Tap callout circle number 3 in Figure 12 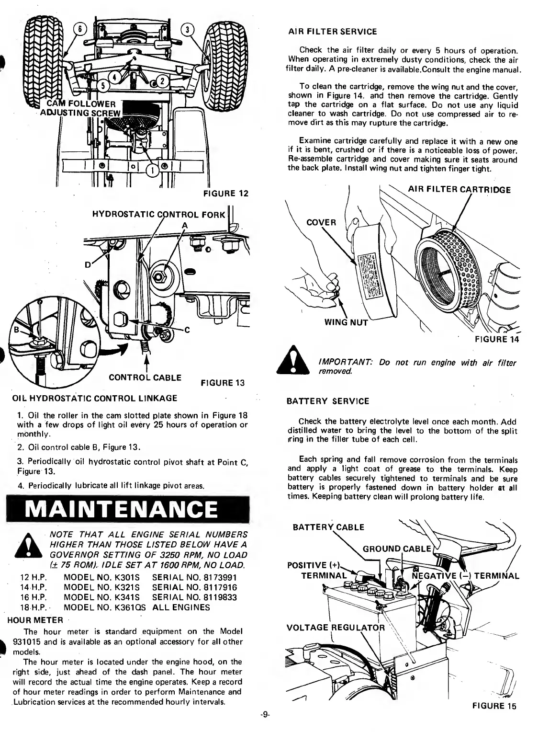(x=188, y=29)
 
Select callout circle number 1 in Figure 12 (x=152, y=170)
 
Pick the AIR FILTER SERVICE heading (x=332, y=32)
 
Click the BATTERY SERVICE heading (x=327, y=401)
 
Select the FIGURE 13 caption (x=223, y=382)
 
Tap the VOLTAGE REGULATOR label (x=335, y=628)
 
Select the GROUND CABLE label (x=397, y=548)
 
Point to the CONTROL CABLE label (x=145, y=377)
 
